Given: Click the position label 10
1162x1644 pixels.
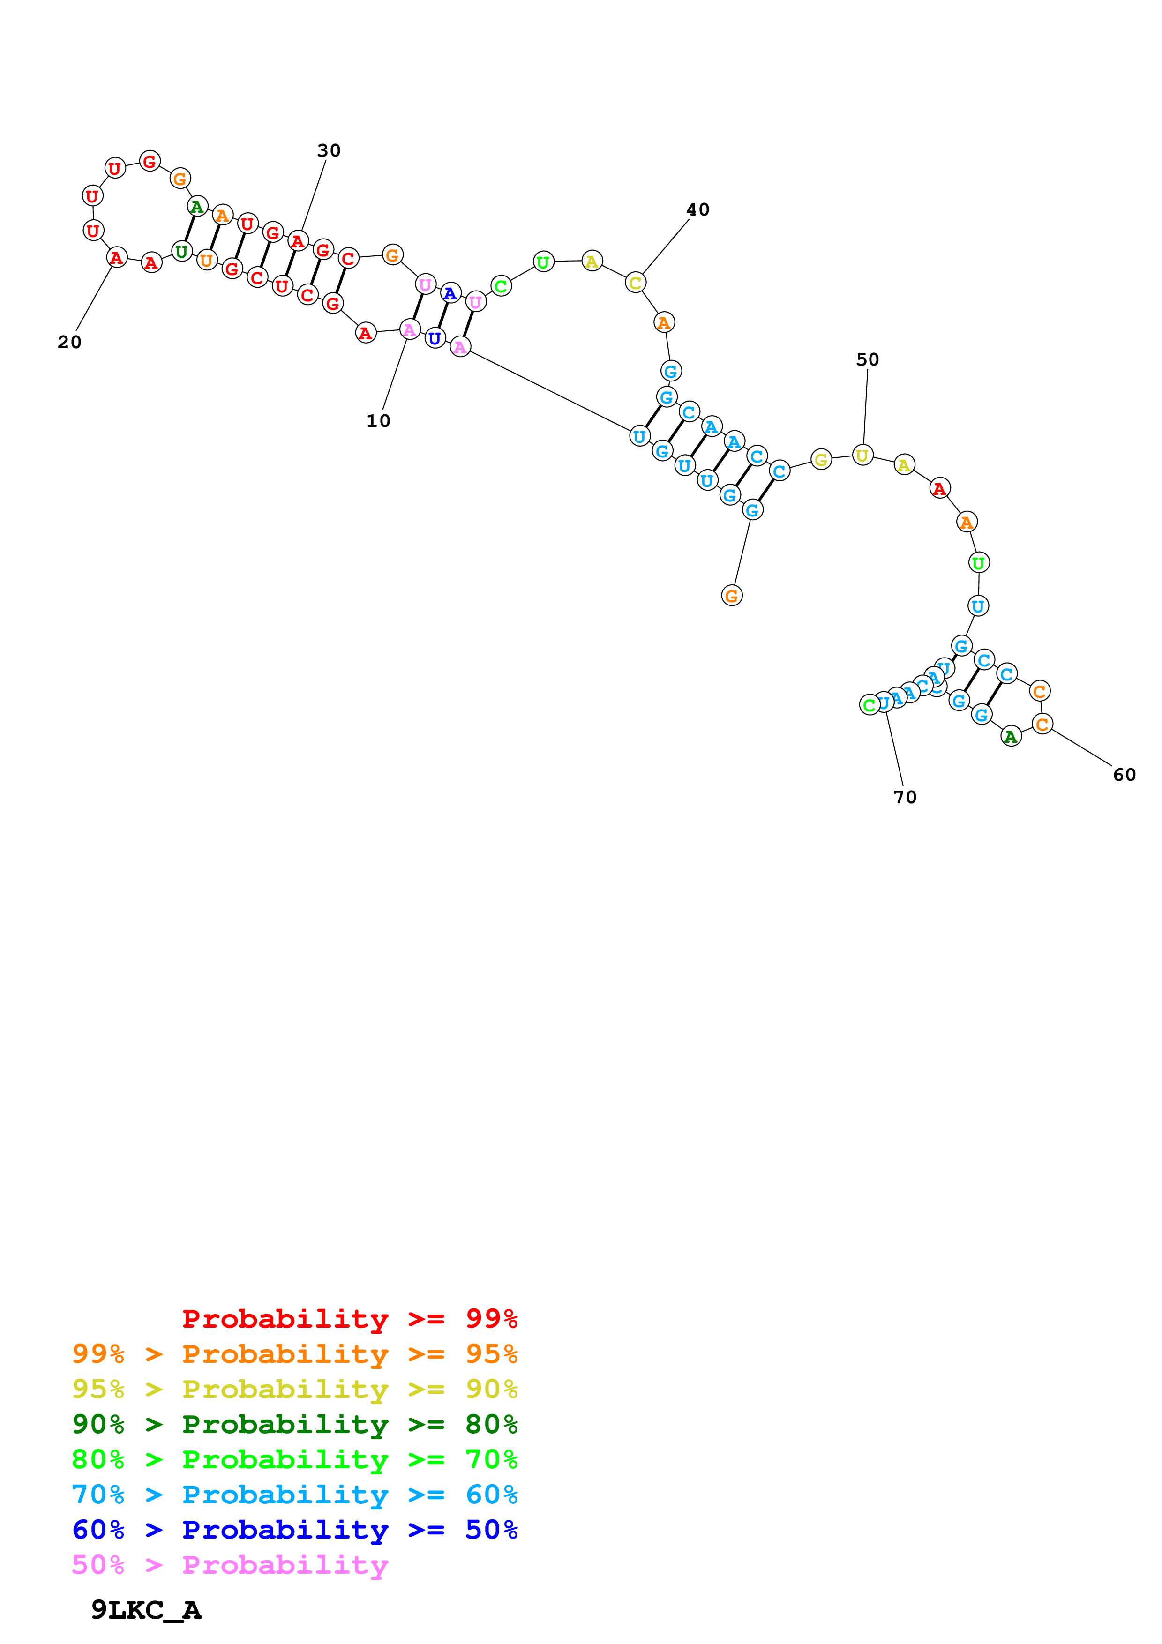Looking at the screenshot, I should pos(378,421).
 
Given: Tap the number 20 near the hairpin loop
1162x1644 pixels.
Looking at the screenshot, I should pos(69,342).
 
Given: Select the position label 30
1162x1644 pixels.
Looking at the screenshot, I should pos(329,150).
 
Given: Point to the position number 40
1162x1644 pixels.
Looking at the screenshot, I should pos(697,210).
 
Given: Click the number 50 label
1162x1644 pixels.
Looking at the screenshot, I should pos(867,359).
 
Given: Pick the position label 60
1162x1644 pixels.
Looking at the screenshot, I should pos(1124,775).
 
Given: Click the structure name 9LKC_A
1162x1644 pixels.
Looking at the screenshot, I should pos(146,1610).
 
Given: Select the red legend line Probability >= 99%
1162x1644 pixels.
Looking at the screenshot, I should pos(349,1319).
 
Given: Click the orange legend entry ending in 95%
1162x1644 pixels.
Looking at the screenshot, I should pos(295,1354).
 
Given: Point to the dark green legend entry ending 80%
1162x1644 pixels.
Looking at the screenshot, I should pos(295,1424).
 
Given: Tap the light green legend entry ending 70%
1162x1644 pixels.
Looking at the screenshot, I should pos(295,1459).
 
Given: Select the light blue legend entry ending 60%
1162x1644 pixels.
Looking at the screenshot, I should pos(295,1495).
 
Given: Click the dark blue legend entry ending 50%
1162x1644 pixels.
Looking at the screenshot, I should pos(295,1530).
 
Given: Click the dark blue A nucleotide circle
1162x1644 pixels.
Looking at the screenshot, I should pos(450,293).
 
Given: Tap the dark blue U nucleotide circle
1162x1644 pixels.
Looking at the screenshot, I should pos(435,338).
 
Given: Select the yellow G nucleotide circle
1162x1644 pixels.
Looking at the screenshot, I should pos(820,460).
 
